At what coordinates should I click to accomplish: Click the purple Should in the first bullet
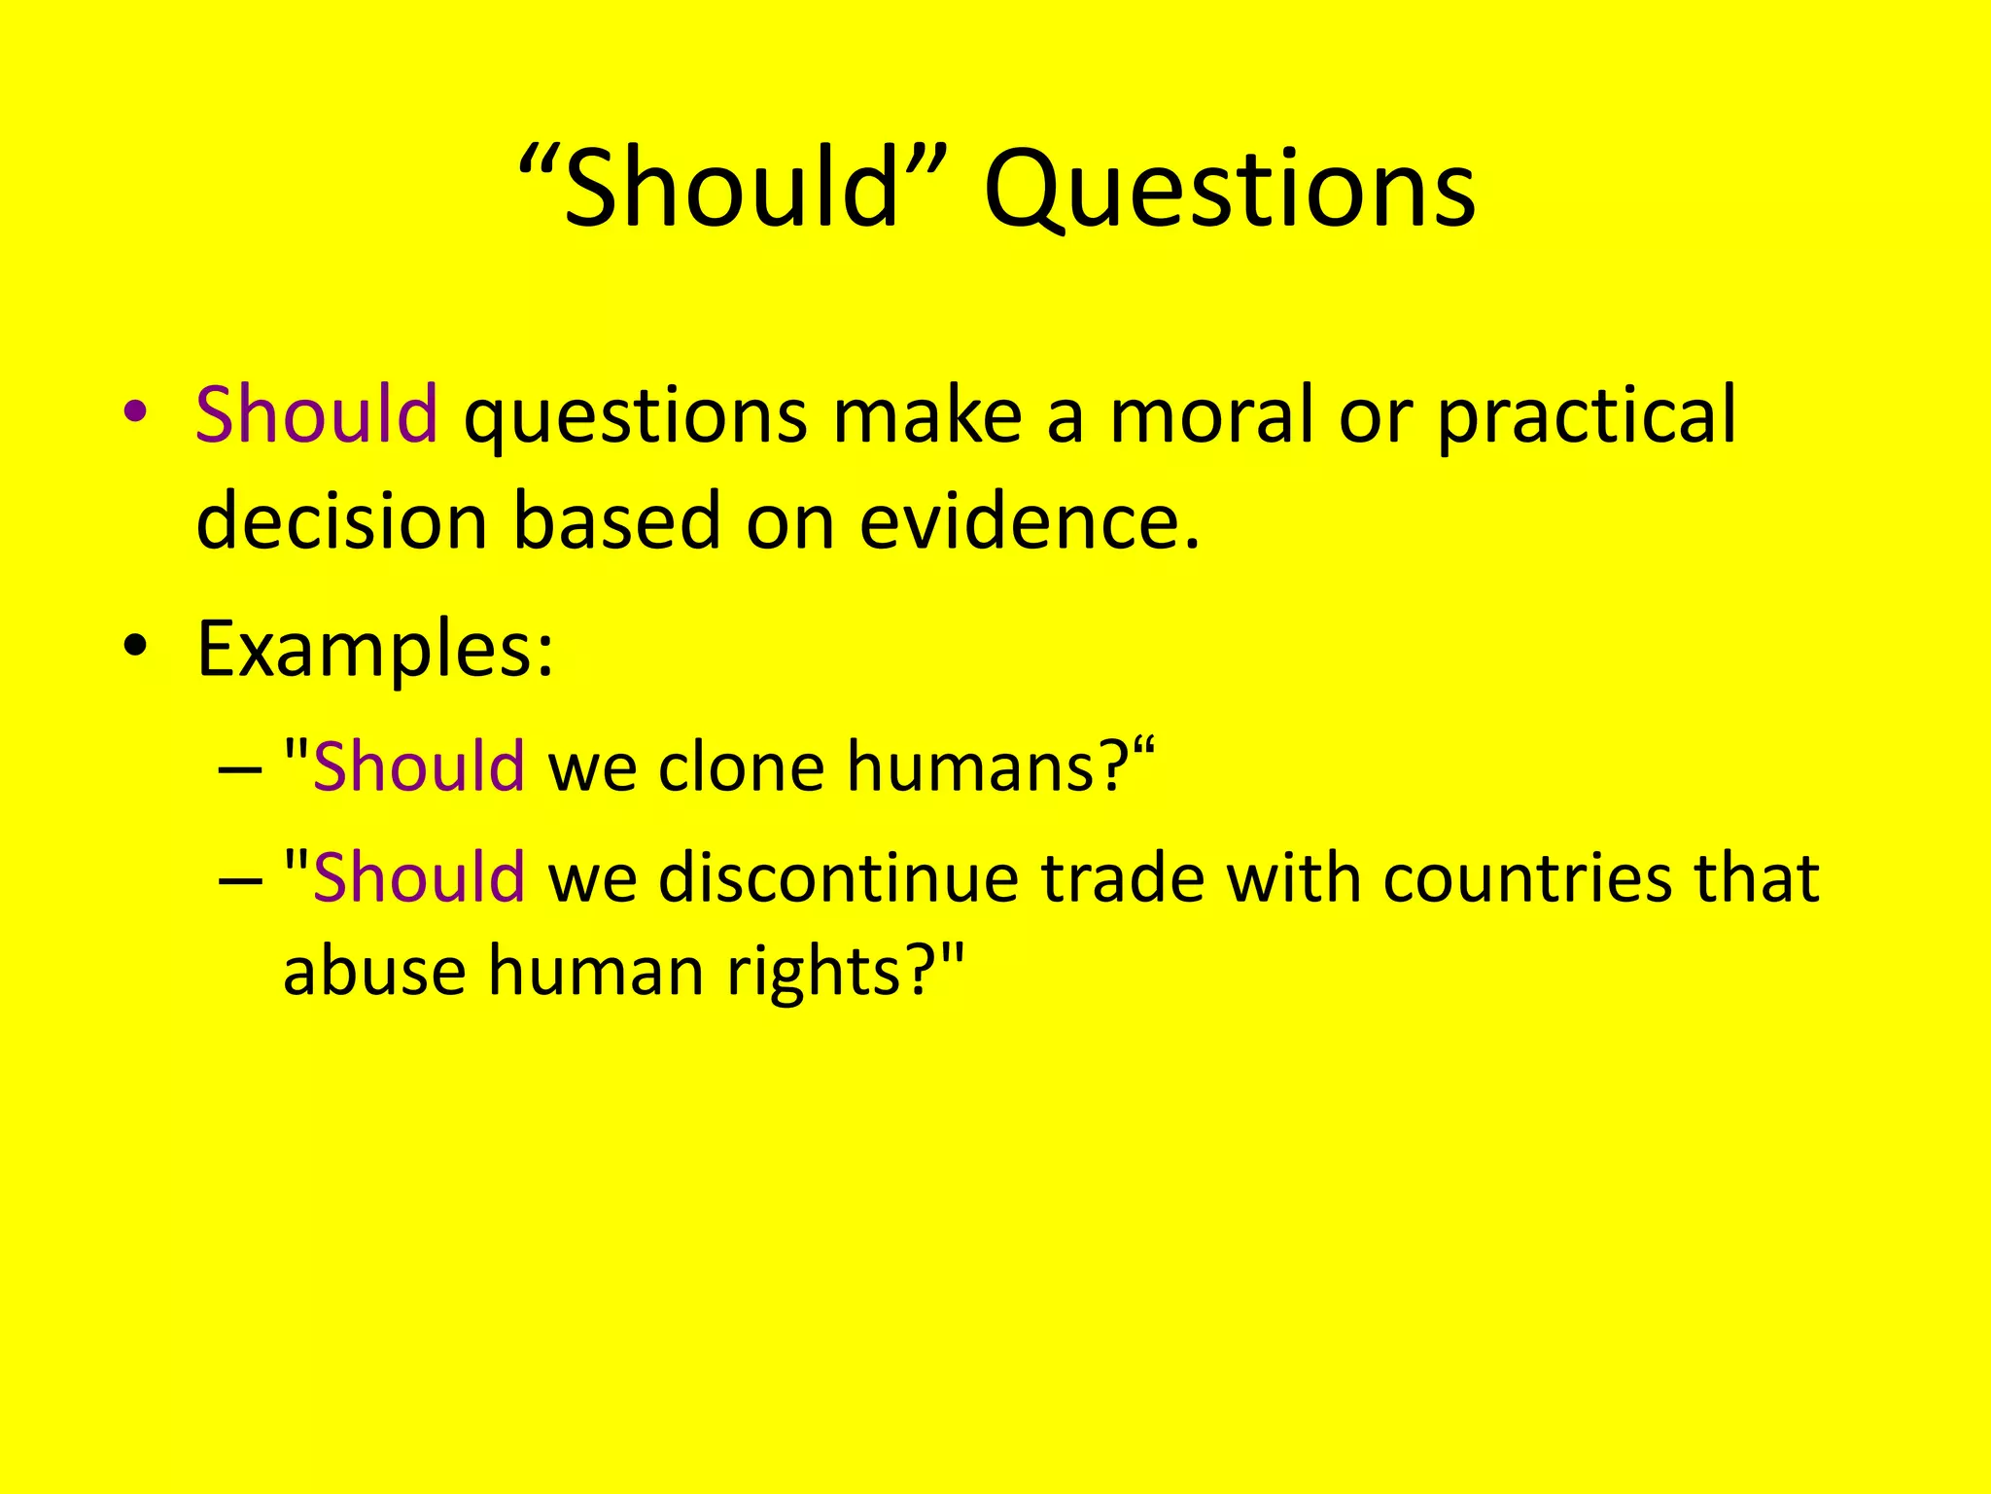tap(317, 414)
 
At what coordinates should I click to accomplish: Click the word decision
tap(341, 521)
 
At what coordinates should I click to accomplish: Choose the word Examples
tap(374, 650)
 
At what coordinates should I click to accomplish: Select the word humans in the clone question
tap(971, 767)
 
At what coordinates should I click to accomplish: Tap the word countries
tap(1527, 878)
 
